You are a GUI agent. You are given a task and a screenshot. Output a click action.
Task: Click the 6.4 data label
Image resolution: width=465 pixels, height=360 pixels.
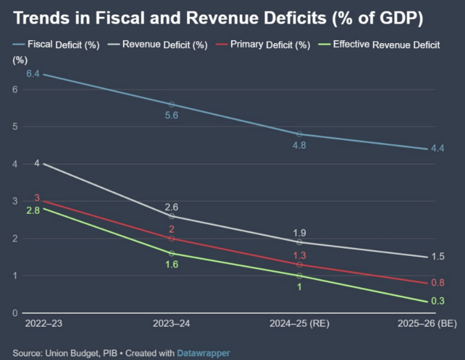click(33, 74)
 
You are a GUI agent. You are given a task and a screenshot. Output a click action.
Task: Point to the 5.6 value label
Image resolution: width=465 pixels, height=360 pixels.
click(171, 115)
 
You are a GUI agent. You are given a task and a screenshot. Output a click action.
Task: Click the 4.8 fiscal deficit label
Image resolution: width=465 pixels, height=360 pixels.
click(299, 145)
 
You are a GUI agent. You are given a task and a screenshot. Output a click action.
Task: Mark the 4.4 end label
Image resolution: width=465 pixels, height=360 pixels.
click(437, 149)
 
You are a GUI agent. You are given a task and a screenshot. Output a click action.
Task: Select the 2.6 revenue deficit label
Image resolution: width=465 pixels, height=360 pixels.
click(171, 207)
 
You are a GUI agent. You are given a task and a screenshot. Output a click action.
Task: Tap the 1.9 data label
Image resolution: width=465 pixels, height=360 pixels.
click(299, 232)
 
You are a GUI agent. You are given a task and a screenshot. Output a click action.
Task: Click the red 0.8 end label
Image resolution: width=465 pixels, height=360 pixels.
click(437, 282)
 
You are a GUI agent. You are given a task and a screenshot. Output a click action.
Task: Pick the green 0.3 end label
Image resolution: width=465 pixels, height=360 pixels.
click(437, 301)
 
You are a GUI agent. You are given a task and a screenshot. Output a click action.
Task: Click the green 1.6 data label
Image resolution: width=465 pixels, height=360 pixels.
click(171, 264)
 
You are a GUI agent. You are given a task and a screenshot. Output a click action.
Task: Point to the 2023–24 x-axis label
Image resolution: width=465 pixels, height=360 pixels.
click(171, 324)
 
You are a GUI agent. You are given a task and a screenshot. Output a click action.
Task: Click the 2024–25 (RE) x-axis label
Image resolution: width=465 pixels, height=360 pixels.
click(299, 324)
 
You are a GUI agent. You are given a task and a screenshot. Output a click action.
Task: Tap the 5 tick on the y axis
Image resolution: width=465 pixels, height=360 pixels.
click(15, 127)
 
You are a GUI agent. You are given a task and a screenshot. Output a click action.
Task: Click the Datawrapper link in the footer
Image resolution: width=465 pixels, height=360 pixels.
click(203, 353)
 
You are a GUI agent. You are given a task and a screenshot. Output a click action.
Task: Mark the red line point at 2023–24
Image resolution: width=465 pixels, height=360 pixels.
click(171, 238)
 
